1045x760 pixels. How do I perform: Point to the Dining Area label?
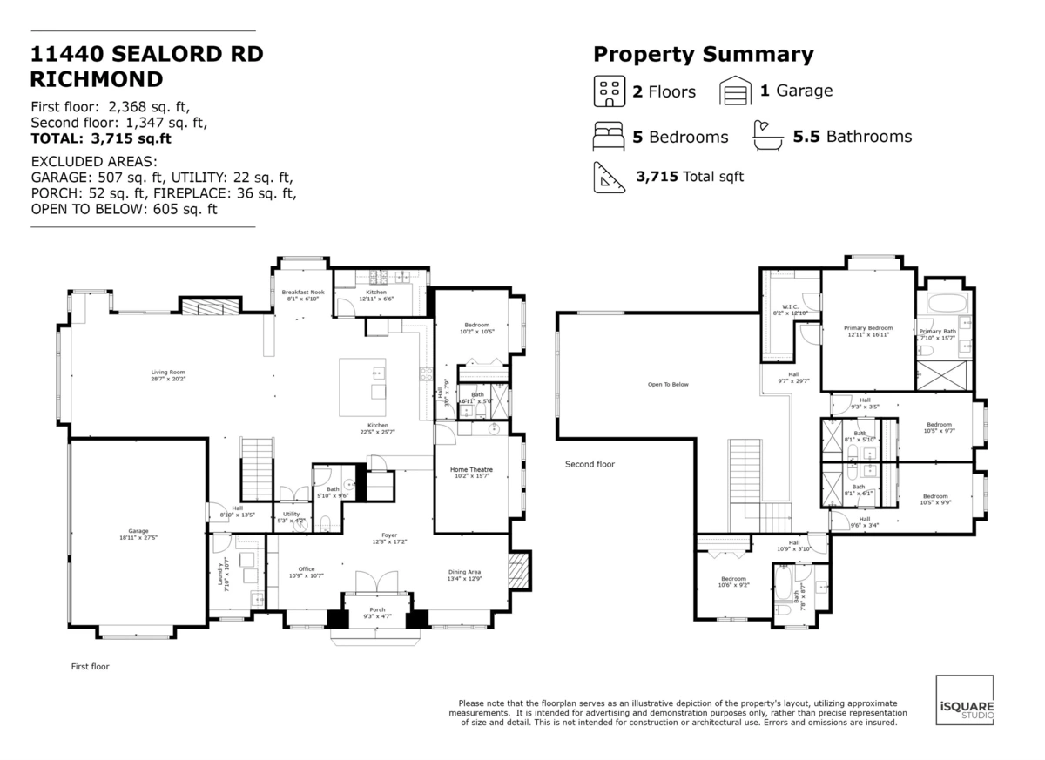point(463,572)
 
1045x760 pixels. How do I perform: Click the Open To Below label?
point(668,384)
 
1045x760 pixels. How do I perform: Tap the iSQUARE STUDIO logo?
point(964,701)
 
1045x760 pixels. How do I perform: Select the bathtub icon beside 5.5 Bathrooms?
point(766,134)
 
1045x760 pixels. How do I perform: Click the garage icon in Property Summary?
point(735,91)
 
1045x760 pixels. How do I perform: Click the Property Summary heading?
point(703,55)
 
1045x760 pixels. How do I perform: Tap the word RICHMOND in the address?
point(96,79)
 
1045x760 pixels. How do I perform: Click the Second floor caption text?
point(590,464)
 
